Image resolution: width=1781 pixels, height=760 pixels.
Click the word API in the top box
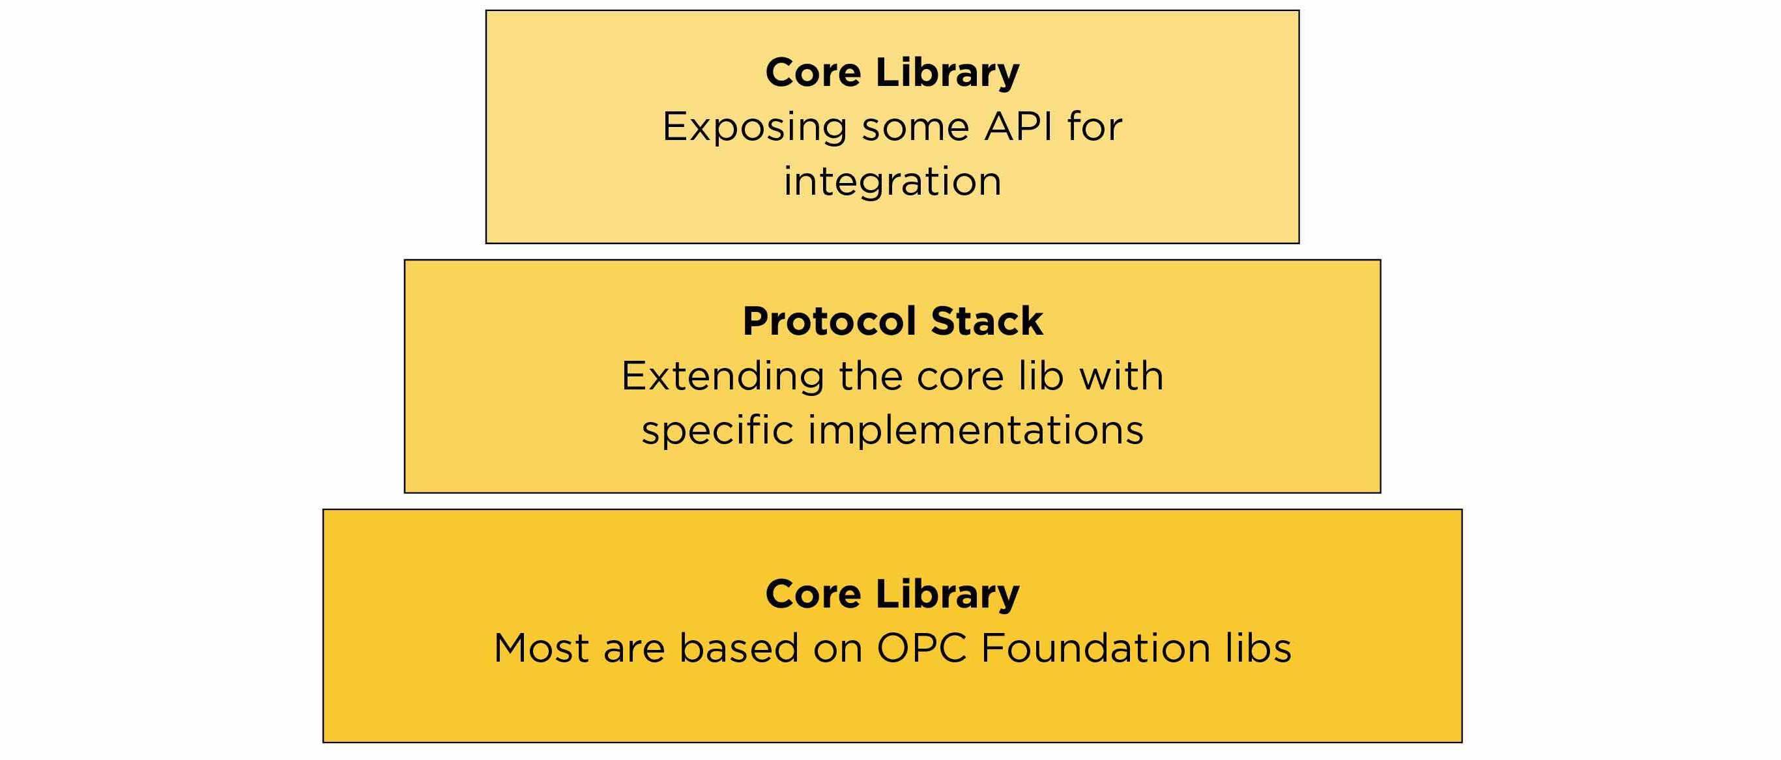(x=1013, y=127)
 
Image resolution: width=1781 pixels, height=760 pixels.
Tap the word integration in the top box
(x=892, y=182)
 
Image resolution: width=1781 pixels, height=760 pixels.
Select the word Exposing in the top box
(x=754, y=128)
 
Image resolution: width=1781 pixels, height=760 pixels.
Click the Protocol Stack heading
(x=892, y=321)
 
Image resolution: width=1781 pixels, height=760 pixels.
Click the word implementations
(x=976, y=431)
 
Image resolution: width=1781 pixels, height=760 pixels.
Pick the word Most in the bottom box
(x=542, y=649)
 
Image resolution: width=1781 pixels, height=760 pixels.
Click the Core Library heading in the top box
(x=892, y=72)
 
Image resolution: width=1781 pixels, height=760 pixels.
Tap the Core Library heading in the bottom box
(x=892, y=594)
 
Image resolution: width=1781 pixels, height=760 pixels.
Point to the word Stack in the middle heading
(x=987, y=321)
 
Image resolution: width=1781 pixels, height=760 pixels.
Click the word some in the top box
(x=915, y=128)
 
